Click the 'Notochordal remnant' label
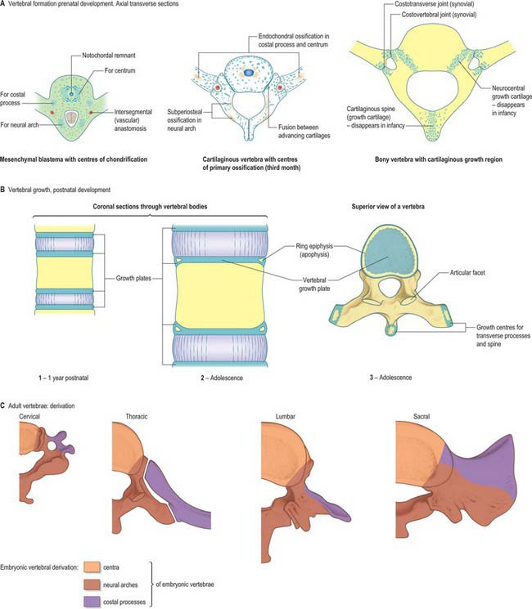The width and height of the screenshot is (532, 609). [x=109, y=55]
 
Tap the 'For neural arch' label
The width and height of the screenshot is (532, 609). [x=20, y=125]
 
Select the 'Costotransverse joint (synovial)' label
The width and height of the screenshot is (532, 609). [x=435, y=4]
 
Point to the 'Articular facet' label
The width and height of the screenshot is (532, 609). [x=467, y=273]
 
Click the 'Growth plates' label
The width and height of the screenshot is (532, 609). [x=133, y=278]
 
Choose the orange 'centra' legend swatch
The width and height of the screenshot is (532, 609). [x=92, y=567]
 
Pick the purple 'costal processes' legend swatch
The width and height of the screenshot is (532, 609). [x=92, y=602]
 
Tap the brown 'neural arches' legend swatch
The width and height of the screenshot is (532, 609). [x=92, y=584]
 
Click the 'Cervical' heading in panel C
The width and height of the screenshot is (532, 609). [x=29, y=416]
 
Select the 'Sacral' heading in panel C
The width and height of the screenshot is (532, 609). [x=422, y=416]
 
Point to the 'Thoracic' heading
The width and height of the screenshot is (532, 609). [x=137, y=416]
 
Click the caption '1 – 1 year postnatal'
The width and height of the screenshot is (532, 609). [x=63, y=378]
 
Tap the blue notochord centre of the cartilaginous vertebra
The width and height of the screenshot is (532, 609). [x=248, y=73]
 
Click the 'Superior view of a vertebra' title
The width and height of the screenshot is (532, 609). [x=388, y=207]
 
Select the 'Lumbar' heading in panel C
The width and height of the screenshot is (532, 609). [x=286, y=416]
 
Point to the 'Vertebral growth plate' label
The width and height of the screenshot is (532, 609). [x=314, y=284]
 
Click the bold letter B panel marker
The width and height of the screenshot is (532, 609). [x=2, y=190]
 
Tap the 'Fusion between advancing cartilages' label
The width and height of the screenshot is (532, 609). [x=304, y=132]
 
